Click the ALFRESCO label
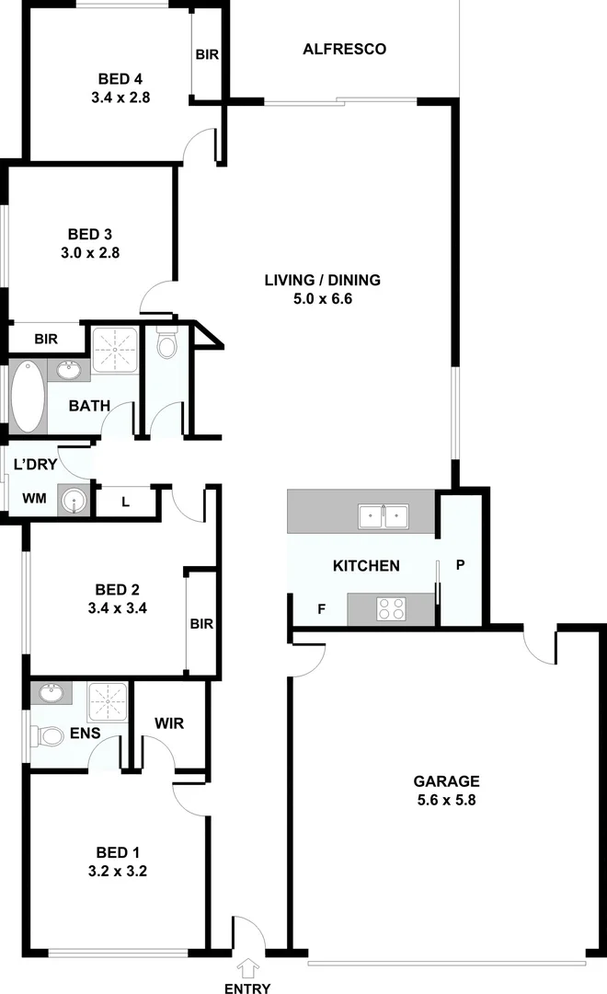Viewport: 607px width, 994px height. pyautogui.click(x=344, y=49)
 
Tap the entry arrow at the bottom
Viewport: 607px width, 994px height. pyautogui.click(x=246, y=966)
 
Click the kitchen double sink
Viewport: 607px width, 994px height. pyautogui.click(x=384, y=516)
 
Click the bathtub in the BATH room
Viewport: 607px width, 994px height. pyautogui.click(x=27, y=398)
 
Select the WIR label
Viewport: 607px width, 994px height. pyautogui.click(x=168, y=722)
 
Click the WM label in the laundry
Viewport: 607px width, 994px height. pyautogui.click(x=34, y=499)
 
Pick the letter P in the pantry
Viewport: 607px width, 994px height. pyautogui.click(x=461, y=565)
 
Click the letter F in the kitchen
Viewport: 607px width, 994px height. pyautogui.click(x=321, y=608)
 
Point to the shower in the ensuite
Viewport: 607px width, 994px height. pyautogui.click(x=108, y=701)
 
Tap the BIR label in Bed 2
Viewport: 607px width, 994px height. pyautogui.click(x=201, y=623)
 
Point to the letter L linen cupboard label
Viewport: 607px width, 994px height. pyautogui.click(x=126, y=501)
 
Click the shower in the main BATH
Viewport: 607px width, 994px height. pyautogui.click(x=115, y=349)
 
